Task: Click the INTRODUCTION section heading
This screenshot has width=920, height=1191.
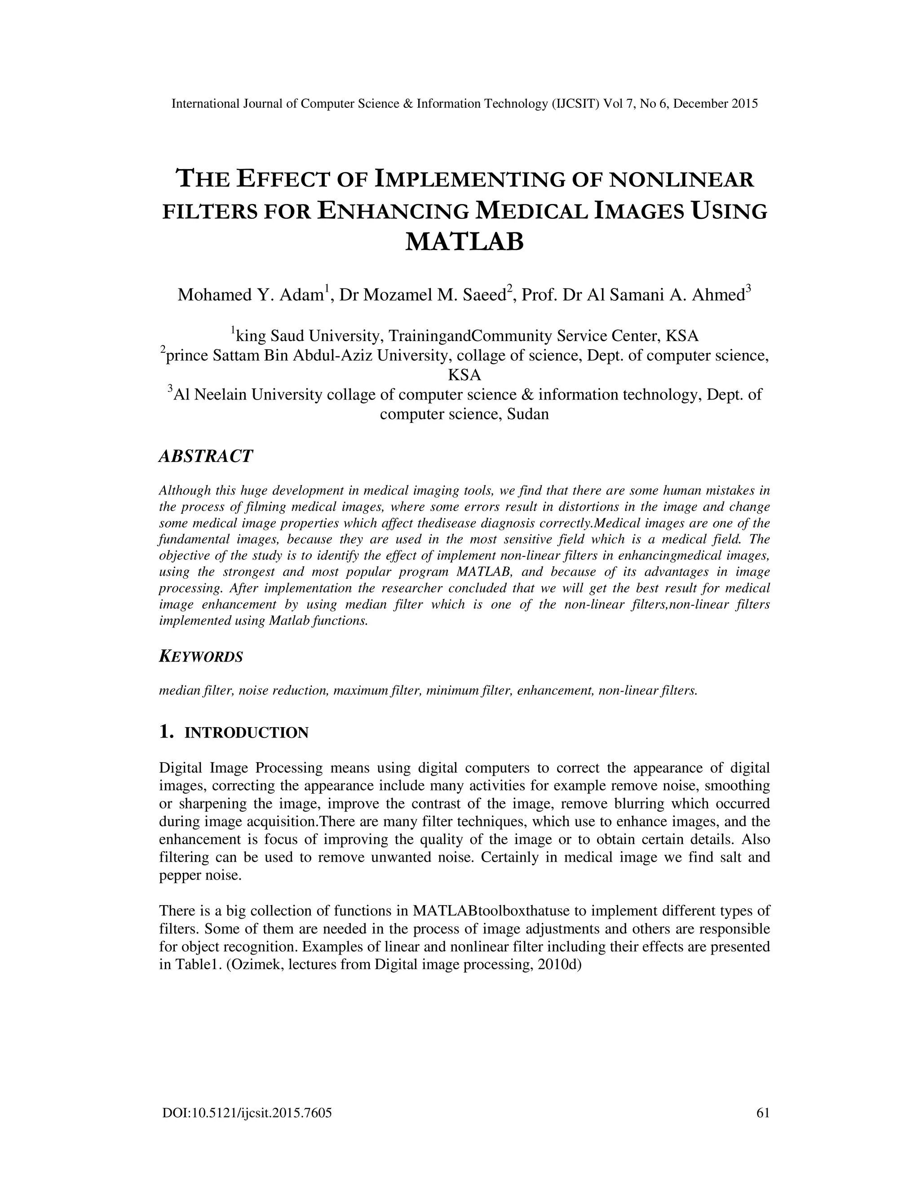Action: click(246, 733)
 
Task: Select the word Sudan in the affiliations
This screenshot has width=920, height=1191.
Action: click(527, 414)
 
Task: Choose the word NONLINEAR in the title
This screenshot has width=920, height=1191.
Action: click(681, 180)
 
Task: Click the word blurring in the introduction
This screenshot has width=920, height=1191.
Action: click(639, 804)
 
